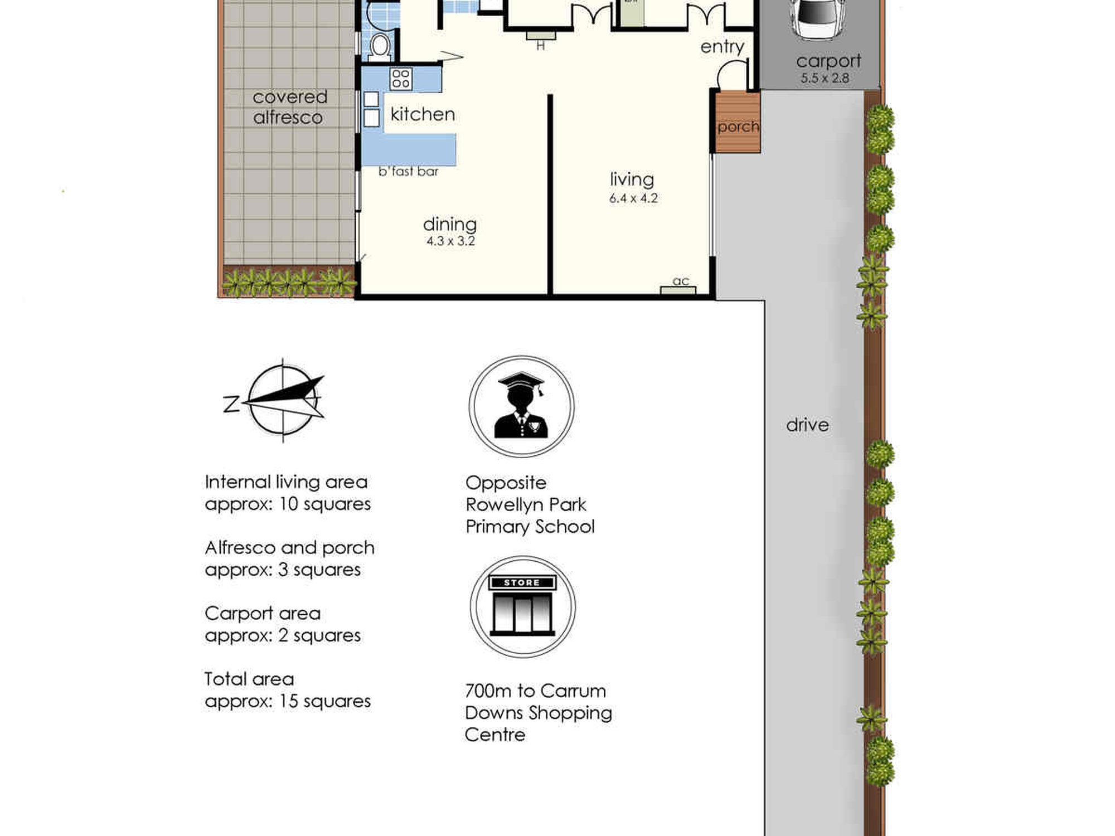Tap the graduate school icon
pos(521,406)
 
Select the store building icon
pos(522,606)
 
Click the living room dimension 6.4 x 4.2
pos(633,198)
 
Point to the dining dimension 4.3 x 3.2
pos(450,241)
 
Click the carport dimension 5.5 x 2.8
pos(825,79)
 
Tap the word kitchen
pos(423,114)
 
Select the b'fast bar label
pos(408,172)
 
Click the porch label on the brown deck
pos(738,127)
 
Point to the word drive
pos(807,425)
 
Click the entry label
pos(722,47)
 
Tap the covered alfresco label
pos(289,107)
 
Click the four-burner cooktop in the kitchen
pos(401,79)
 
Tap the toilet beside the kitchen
pos(380,46)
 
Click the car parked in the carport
pos(817,20)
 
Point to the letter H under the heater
pos(540,46)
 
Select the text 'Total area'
pos(249,679)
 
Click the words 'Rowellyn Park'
pos(526,505)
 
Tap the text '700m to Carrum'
pos(535,691)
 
